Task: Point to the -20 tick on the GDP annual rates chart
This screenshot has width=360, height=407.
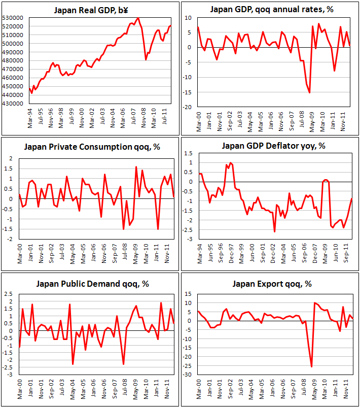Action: point(188,108)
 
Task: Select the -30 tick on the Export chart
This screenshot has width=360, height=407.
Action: point(188,375)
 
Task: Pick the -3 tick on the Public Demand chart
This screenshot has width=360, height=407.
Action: point(8,375)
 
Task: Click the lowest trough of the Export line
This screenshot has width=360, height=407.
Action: point(311,366)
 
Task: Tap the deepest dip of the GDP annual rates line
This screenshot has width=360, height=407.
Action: point(309,92)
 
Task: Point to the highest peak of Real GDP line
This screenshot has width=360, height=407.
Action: point(138,18)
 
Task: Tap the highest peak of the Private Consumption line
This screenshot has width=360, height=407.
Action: point(136,167)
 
